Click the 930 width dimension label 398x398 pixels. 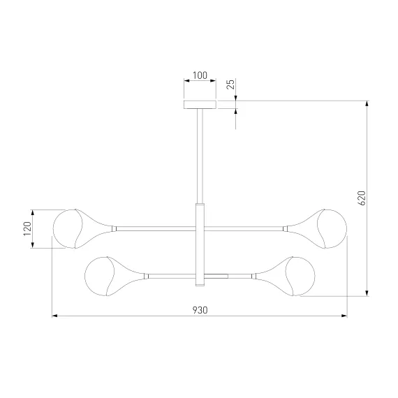tap(200, 310)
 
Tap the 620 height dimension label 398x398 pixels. tap(361, 198)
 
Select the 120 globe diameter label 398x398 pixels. tap(27, 228)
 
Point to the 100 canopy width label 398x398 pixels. tap(200, 75)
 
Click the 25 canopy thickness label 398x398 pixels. tap(230, 84)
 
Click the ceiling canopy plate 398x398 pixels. tap(200, 105)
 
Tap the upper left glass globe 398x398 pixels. tap(68, 229)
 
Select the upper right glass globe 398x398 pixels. tap(332, 229)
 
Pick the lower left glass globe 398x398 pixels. tap(99, 277)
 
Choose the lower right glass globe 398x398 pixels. tap(300, 277)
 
